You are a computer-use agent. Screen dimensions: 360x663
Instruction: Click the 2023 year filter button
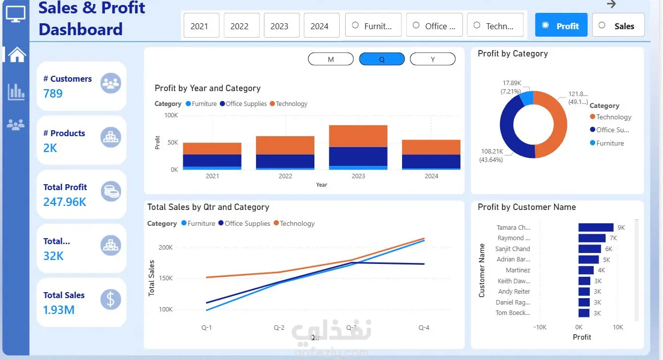[x=279, y=26]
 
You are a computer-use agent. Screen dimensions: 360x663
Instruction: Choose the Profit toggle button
[x=561, y=25]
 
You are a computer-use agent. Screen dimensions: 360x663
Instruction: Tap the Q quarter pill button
[x=382, y=59]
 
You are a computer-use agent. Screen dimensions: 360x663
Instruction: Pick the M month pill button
[x=331, y=59]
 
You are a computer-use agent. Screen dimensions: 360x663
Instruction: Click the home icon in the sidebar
[x=17, y=54]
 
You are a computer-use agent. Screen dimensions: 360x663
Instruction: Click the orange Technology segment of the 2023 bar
[x=358, y=136]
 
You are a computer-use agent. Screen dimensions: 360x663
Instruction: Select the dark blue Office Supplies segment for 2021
[x=212, y=160]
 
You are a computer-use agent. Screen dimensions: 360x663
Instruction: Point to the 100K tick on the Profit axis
[x=171, y=115]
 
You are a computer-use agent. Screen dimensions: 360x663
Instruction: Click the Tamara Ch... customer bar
[x=596, y=227]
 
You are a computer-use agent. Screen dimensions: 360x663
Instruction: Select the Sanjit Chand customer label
[x=512, y=249]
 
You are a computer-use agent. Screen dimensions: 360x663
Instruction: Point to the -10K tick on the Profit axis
[x=540, y=327]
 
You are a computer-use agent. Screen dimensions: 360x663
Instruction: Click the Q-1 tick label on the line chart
[x=206, y=328]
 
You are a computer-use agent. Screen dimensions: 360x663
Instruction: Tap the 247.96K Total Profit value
[x=65, y=202]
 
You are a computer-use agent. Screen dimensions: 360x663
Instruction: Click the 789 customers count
[x=53, y=94]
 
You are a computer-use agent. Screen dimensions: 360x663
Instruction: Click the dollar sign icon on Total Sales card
[x=111, y=300]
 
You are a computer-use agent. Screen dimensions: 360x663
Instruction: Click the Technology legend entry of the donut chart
[x=613, y=117]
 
